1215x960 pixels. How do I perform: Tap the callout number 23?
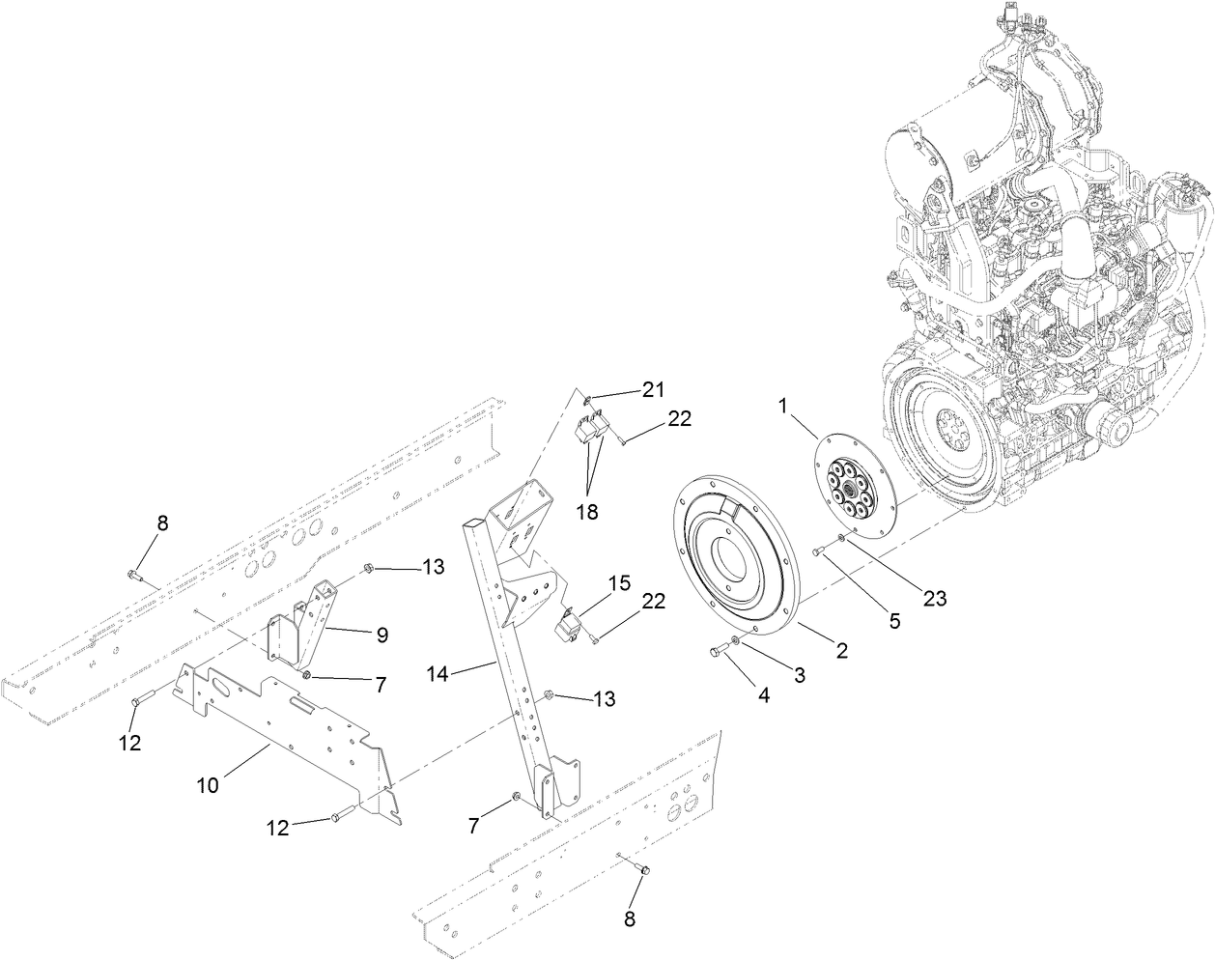[934, 599]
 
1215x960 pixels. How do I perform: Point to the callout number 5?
[894, 620]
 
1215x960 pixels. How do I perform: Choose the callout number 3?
[799, 675]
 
